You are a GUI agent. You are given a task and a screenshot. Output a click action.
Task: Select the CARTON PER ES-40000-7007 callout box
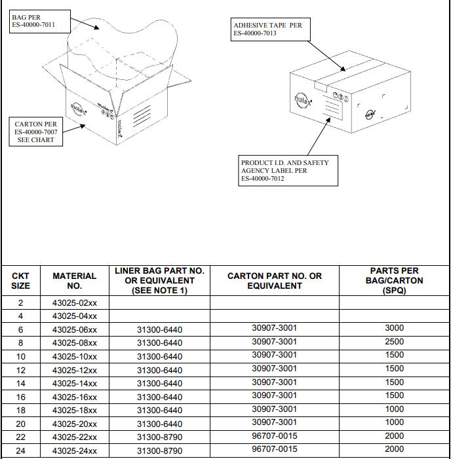[x=36, y=132]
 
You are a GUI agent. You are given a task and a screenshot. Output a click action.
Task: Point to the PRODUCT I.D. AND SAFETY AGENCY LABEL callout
[x=284, y=170]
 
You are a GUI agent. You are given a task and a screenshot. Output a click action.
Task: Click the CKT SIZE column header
[x=20, y=281]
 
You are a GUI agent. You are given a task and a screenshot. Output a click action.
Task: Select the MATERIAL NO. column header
[x=74, y=281]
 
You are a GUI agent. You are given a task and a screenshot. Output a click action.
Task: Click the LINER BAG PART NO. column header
[x=159, y=281]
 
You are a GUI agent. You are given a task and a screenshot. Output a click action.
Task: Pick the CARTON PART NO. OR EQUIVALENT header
[x=274, y=281]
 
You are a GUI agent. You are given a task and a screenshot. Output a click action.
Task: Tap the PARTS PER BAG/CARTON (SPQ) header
[x=394, y=281]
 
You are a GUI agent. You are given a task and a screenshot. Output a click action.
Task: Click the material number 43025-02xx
[x=74, y=303]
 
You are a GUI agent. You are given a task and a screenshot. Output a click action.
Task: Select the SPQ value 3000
[x=394, y=328]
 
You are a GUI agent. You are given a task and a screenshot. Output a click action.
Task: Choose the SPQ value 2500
[x=394, y=342]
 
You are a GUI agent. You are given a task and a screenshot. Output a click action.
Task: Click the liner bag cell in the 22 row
[x=159, y=437]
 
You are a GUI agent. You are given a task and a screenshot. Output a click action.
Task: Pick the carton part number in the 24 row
[x=274, y=449]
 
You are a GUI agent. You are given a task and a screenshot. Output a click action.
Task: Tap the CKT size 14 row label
[x=20, y=383]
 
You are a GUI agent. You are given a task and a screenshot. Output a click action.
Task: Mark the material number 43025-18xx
[x=74, y=410]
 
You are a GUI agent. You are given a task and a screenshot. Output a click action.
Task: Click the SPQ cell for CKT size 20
[x=394, y=423]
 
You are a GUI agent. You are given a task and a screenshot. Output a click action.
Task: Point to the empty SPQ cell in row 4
[x=394, y=316]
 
